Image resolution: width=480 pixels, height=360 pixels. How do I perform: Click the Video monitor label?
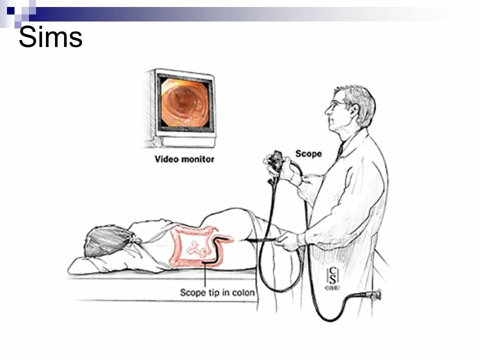pyautogui.click(x=184, y=159)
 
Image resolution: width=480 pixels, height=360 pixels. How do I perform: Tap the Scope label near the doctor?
pyautogui.click(x=308, y=153)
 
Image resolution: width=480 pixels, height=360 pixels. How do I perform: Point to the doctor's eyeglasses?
pyautogui.click(x=336, y=105)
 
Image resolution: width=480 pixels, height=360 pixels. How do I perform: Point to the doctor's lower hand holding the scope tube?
pyautogui.click(x=289, y=240)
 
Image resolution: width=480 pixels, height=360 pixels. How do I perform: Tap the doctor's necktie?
pyautogui.click(x=340, y=150)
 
